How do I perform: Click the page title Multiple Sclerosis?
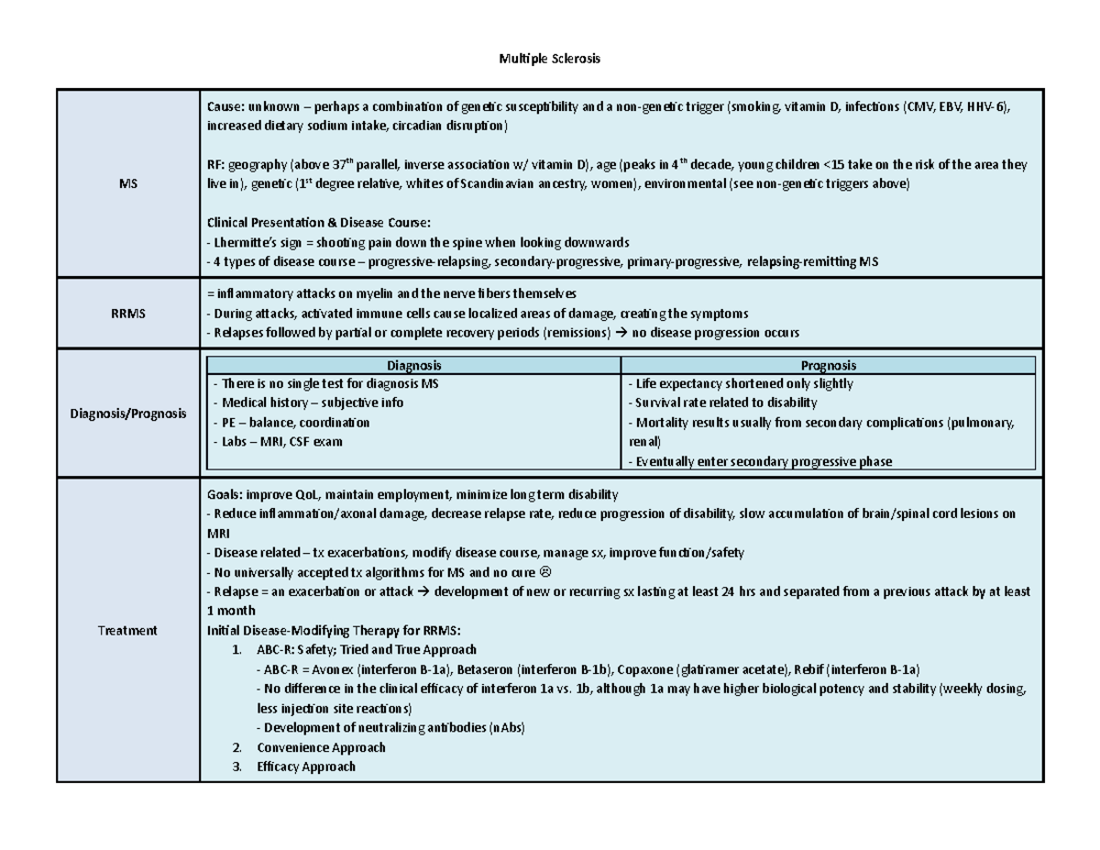pyautogui.click(x=548, y=60)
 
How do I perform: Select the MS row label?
pyautogui.click(x=127, y=184)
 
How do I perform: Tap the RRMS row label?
pyautogui.click(x=127, y=314)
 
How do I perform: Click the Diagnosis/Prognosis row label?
pyautogui.click(x=127, y=414)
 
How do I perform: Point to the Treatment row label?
pyautogui.click(x=127, y=630)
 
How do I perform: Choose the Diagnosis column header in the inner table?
pyautogui.click(x=413, y=364)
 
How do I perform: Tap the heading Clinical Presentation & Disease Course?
pyautogui.click(x=321, y=223)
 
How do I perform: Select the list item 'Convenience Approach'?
pyautogui.click(x=321, y=746)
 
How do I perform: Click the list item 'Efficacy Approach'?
pyautogui.click(x=306, y=767)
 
